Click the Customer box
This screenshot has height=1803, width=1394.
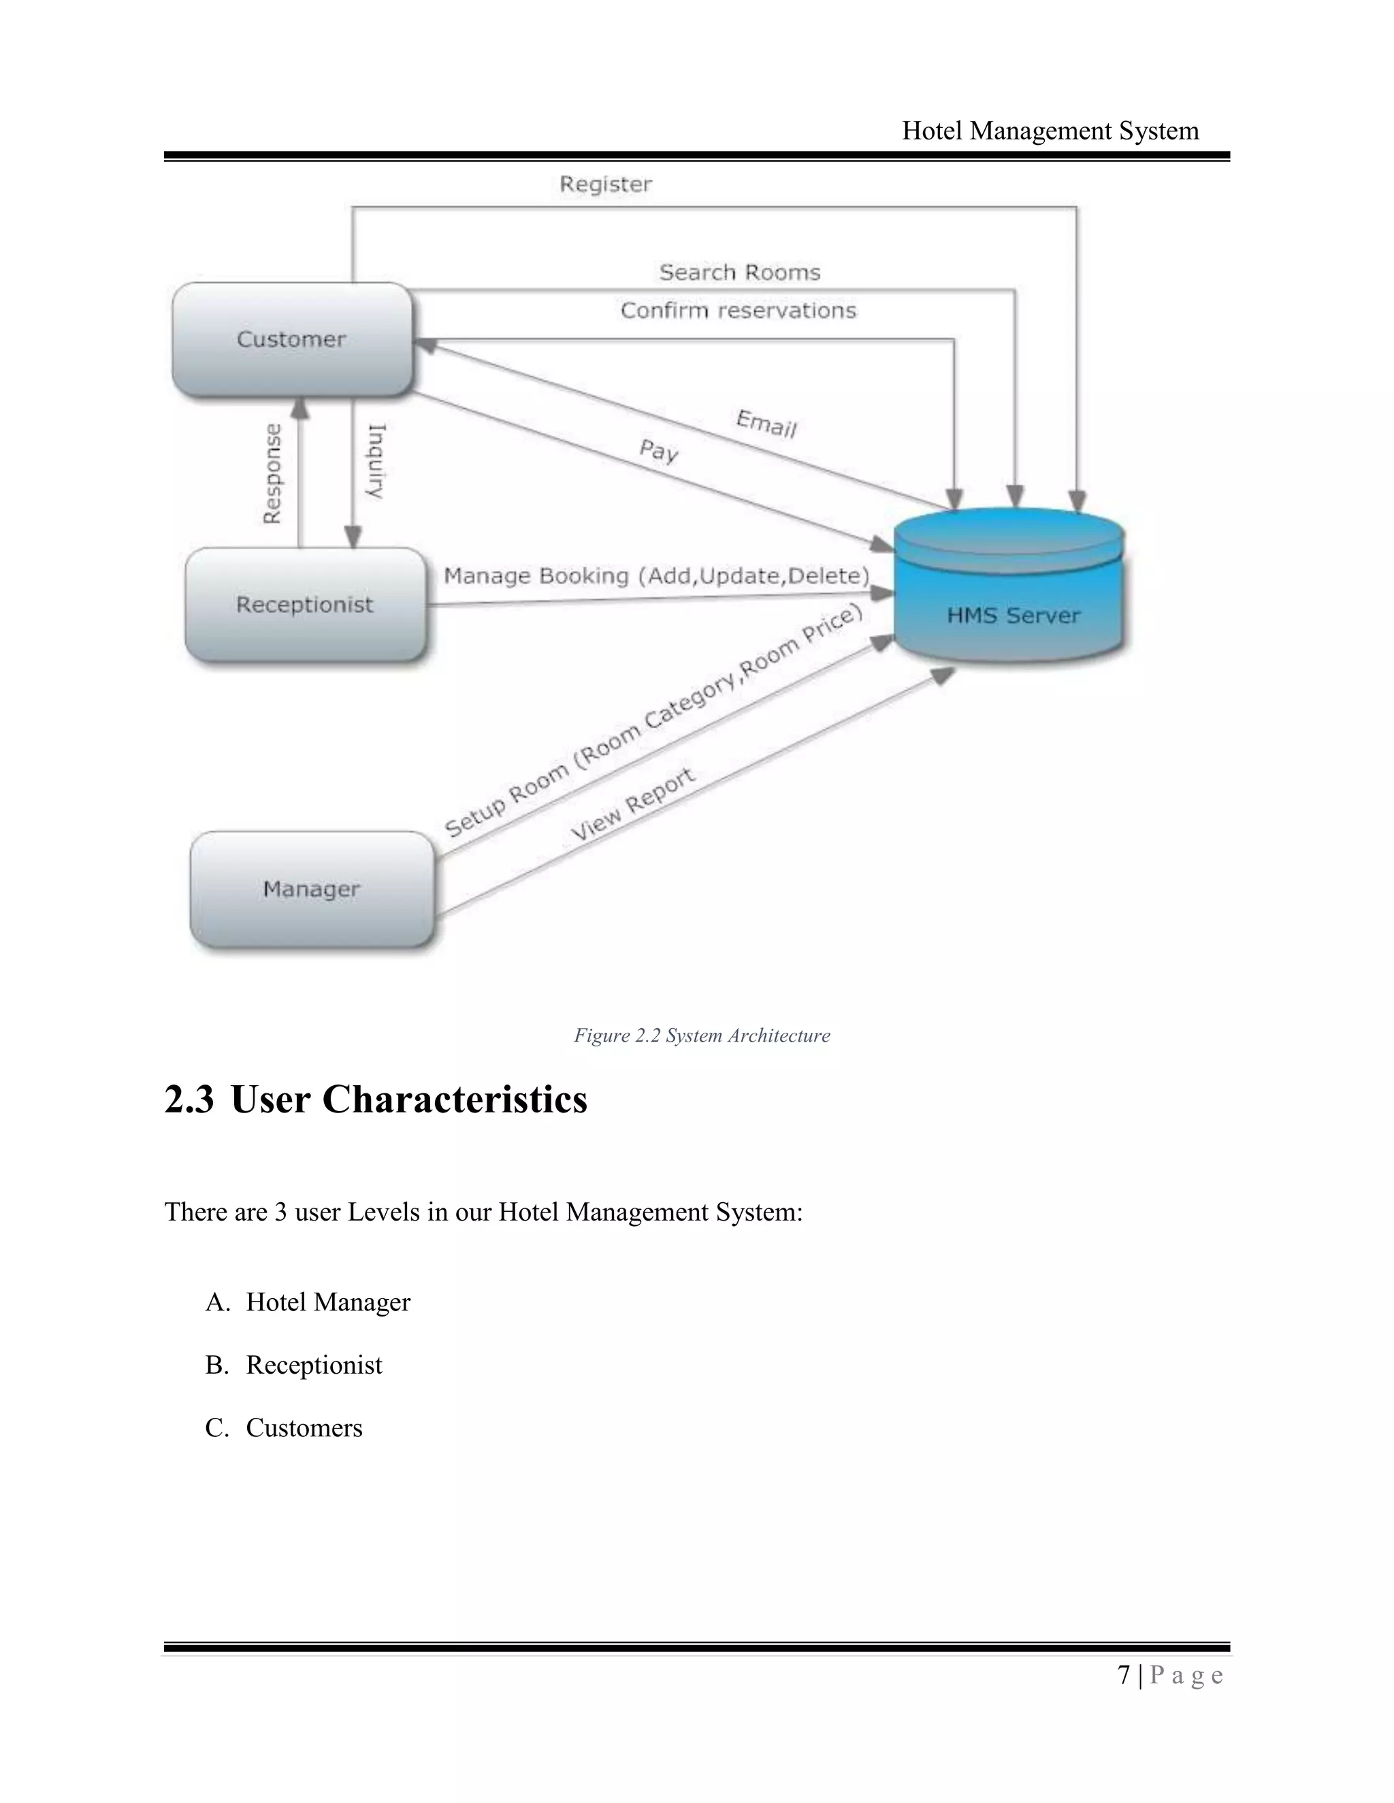point(291,340)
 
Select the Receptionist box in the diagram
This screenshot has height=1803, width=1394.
point(305,604)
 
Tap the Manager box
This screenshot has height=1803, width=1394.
point(311,889)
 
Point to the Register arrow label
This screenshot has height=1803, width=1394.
point(605,184)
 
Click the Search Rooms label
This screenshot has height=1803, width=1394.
point(739,272)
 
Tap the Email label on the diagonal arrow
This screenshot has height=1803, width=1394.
point(766,425)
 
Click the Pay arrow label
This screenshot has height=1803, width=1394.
point(659,450)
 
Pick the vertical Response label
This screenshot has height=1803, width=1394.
point(272,474)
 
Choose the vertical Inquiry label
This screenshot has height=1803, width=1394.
point(376,461)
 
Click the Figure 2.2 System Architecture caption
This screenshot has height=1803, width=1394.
point(702,1036)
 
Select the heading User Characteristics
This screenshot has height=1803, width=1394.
point(409,1099)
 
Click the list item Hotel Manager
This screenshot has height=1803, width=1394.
point(328,1302)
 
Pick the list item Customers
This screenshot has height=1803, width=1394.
point(304,1427)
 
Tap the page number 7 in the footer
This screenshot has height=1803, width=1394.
point(1123,1675)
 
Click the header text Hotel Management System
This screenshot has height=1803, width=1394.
point(1050,131)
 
